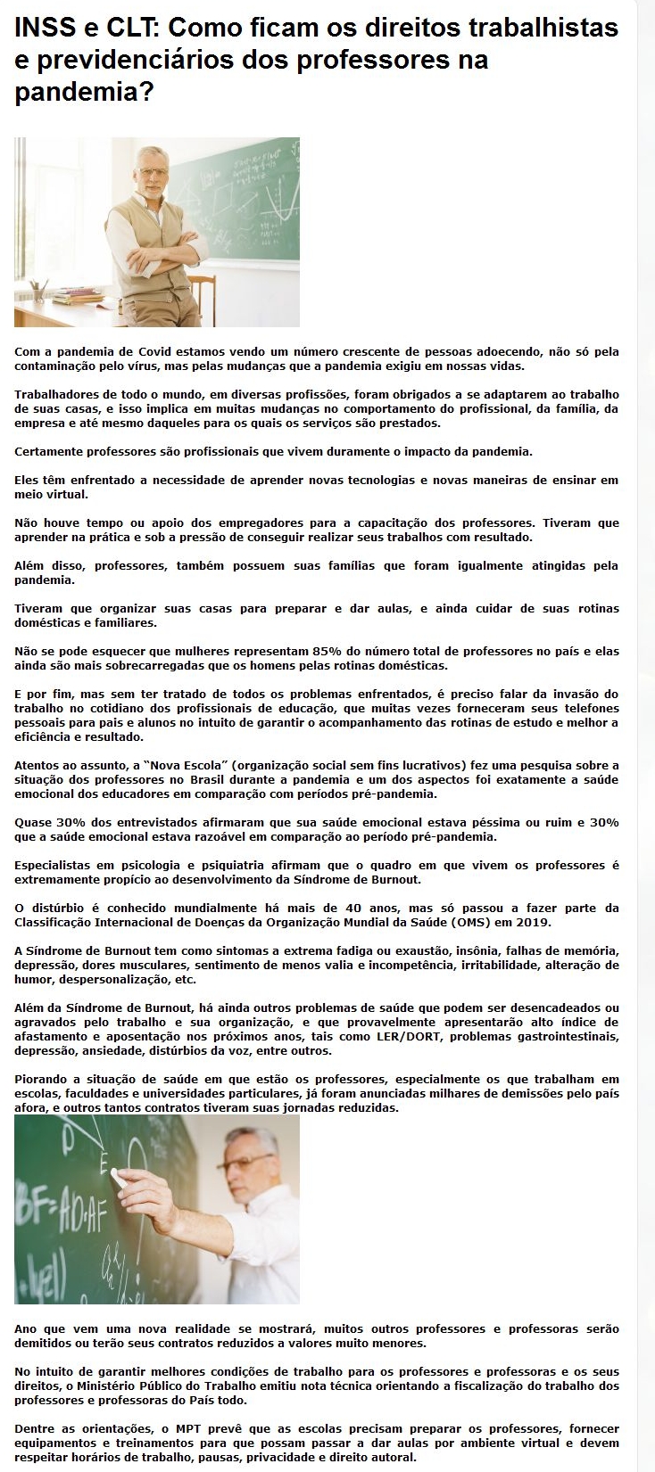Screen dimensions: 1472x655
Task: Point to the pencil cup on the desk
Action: [x=38, y=291]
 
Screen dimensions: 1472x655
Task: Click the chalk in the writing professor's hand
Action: [x=117, y=1179]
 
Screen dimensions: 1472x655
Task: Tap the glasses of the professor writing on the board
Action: [x=243, y=1164]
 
